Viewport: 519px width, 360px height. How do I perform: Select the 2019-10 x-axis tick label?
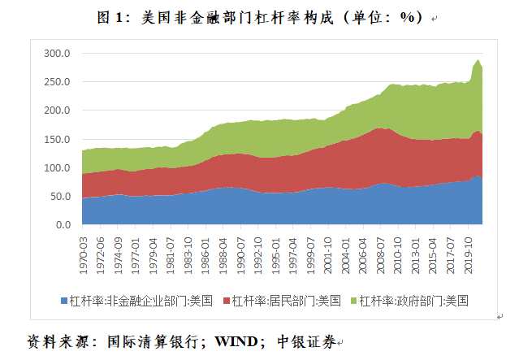[x=470, y=250]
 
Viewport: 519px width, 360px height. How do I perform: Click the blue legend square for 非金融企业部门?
[x=64, y=300]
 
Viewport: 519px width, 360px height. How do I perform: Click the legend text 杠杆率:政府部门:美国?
[x=416, y=300]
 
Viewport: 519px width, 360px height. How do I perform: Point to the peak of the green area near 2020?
[x=478, y=60]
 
